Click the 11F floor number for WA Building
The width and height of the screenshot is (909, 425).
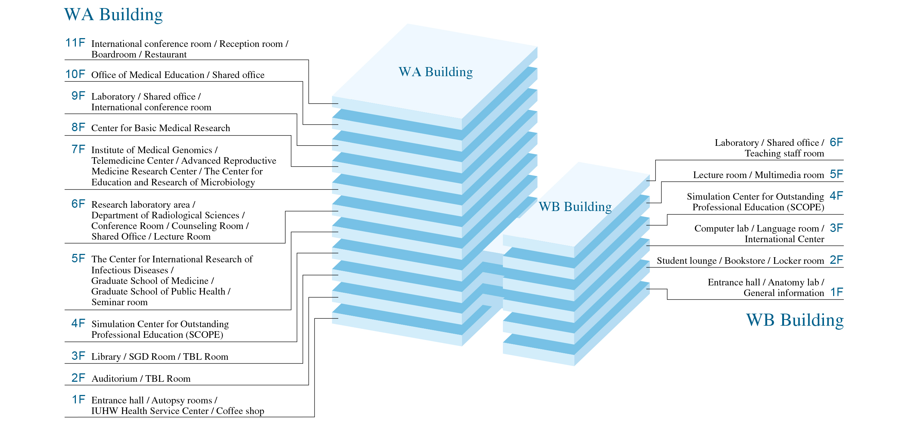[x=75, y=43]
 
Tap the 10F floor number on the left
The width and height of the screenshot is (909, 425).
[x=75, y=74]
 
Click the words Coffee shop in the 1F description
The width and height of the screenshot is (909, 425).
[x=240, y=411]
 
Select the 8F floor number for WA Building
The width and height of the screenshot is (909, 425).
[x=78, y=127]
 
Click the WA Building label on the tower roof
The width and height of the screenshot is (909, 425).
[x=435, y=72]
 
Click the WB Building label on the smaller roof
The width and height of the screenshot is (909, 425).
[x=575, y=207]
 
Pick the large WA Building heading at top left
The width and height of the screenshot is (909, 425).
[x=113, y=15]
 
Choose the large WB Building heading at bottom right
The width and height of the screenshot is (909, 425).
[x=795, y=320]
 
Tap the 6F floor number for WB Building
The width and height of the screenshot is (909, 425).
[x=836, y=142]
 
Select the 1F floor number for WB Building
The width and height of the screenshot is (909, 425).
[x=836, y=292]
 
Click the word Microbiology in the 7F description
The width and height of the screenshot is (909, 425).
[x=228, y=182]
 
